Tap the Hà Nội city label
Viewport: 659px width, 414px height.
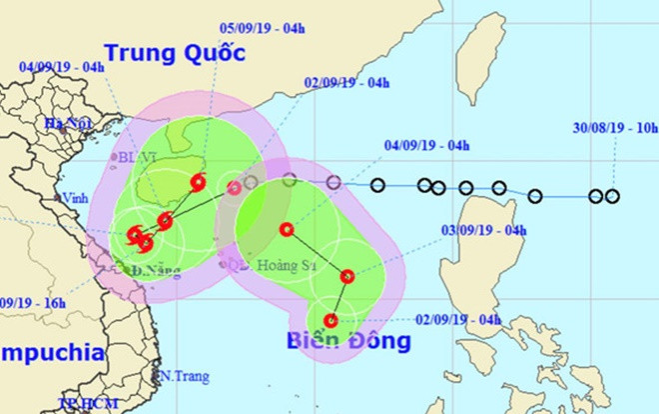(59, 124)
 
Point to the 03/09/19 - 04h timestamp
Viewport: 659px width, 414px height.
(483, 230)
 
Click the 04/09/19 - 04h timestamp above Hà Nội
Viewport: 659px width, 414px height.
(62, 67)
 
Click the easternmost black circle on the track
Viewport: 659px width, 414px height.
(612, 196)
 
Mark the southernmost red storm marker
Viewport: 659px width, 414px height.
(331, 321)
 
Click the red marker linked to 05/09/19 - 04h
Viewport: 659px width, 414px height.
(197, 182)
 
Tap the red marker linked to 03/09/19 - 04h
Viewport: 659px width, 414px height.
(348, 277)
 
